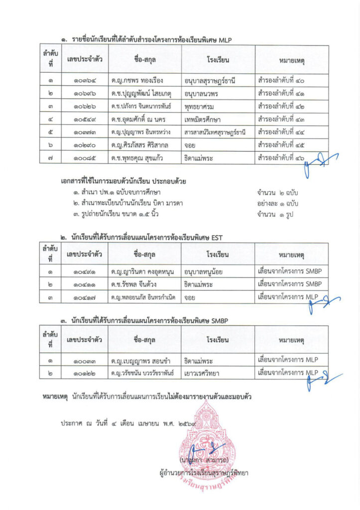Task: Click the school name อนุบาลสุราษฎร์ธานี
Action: [x=209, y=80]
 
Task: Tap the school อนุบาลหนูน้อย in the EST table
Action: [x=206, y=271]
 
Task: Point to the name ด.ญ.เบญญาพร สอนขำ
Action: [x=142, y=360]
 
